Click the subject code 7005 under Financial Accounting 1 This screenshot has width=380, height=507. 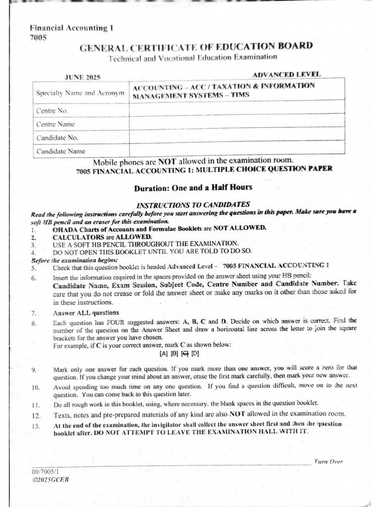(38, 37)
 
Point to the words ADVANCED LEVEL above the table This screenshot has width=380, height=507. (286, 75)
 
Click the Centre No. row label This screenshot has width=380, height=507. (52, 110)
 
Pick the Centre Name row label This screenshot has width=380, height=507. (55, 124)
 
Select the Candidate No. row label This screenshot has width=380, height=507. (57, 138)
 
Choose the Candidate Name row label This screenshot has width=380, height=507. (61, 151)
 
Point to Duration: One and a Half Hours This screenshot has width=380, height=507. (193, 187)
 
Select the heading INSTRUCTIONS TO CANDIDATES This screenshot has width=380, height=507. (193, 204)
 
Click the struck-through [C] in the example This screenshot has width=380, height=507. (184, 354)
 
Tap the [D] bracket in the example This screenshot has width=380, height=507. (195, 354)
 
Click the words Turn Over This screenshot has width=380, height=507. (328, 461)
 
